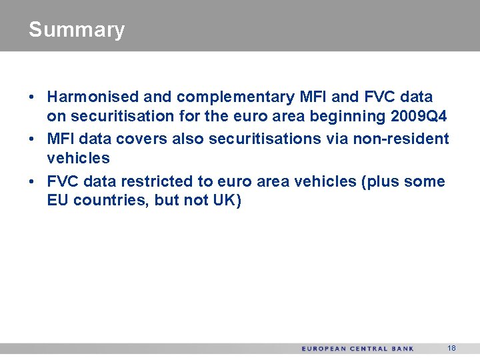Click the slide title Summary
click(x=77, y=30)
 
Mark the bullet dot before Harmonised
click(x=33, y=97)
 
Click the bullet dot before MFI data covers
click(x=33, y=139)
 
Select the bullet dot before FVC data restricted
click(x=33, y=181)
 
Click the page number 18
click(x=451, y=348)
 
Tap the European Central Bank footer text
click(x=357, y=349)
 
